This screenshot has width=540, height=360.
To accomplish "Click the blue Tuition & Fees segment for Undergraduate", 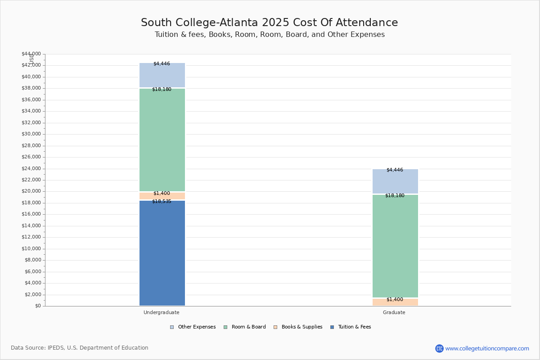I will [162, 253].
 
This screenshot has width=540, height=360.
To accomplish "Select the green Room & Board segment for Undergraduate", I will [162, 140].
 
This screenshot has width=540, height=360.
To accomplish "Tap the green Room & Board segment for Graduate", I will [395, 246].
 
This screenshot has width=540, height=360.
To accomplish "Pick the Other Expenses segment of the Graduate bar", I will [395, 182].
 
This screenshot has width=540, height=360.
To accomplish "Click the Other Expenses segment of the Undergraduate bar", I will [162, 76].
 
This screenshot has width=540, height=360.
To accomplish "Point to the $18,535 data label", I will [162, 201].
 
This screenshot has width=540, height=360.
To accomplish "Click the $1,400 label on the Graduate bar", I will [395, 299].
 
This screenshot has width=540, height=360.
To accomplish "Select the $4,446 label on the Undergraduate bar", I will [162, 63].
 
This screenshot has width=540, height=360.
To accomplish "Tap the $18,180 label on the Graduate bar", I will [395, 195].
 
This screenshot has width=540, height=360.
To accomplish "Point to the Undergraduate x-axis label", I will [162, 312].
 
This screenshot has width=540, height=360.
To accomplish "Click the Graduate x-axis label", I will [394, 312].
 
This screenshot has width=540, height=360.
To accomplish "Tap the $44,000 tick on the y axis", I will [31, 54].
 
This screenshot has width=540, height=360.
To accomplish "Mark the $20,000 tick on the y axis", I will [31, 191].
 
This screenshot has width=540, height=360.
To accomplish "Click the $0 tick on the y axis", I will [37, 306].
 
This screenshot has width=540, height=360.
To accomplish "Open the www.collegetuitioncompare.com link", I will [487, 348].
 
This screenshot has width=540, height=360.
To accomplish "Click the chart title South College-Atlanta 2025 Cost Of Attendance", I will [270, 22].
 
